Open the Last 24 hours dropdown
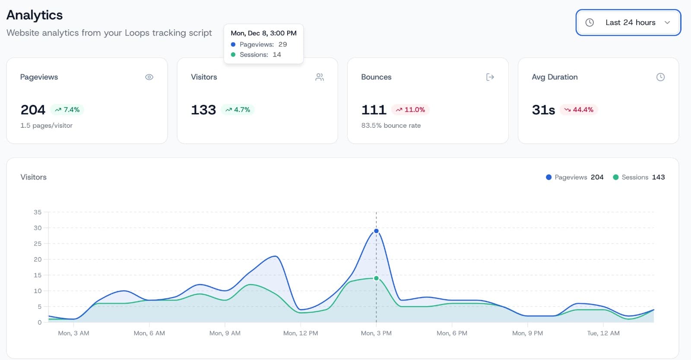pyautogui.click(x=628, y=22)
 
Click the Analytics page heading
pyautogui.click(x=35, y=15)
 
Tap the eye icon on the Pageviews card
pyautogui.click(x=149, y=77)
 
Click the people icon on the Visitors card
pyautogui.click(x=320, y=77)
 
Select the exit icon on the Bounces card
pyautogui.click(x=490, y=77)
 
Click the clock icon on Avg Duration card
pyautogui.click(x=660, y=77)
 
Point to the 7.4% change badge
pyautogui.click(x=67, y=110)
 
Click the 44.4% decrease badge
pyautogui.click(x=579, y=110)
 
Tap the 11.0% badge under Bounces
pyautogui.click(x=410, y=110)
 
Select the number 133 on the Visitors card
pyautogui.click(x=203, y=110)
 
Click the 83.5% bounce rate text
pyautogui.click(x=391, y=126)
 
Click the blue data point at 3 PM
pyautogui.click(x=376, y=231)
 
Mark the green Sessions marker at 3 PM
pyautogui.click(x=376, y=278)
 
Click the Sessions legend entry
pyautogui.click(x=638, y=177)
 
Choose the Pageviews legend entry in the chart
pyautogui.click(x=574, y=177)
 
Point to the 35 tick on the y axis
pyautogui.click(x=38, y=212)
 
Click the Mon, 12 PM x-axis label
pyautogui.click(x=301, y=333)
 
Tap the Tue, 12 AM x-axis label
pyautogui.click(x=603, y=333)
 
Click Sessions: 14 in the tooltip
pyautogui.click(x=260, y=55)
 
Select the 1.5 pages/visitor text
pyautogui.click(x=46, y=126)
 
